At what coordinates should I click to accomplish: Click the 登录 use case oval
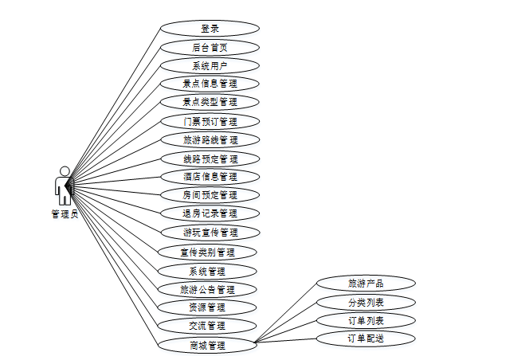tap(210, 28)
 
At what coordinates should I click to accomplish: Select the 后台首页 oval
tap(210, 47)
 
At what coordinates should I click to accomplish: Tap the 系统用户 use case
tap(210, 65)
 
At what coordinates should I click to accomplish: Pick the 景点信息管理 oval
tap(210, 83)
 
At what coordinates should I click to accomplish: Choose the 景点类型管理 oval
tap(210, 102)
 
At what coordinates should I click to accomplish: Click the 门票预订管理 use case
tap(210, 122)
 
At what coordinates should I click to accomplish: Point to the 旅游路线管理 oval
tap(210, 140)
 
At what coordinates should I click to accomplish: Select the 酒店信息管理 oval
tap(210, 177)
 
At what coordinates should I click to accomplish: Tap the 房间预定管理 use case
tap(210, 195)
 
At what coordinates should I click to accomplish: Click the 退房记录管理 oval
tap(210, 213)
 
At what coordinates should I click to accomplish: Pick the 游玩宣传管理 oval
tap(210, 233)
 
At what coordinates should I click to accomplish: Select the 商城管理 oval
tap(207, 345)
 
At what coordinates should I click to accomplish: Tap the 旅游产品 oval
tap(366, 283)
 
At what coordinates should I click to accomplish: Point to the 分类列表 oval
tap(366, 302)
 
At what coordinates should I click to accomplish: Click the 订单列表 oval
tap(366, 320)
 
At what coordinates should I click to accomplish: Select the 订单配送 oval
tap(366, 338)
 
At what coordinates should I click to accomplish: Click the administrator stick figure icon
tap(63, 186)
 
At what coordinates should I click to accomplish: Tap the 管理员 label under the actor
tap(64, 213)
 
